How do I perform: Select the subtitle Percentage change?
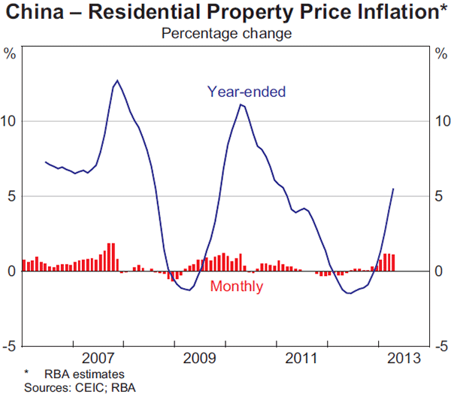[x=225, y=33]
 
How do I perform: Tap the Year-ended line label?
[x=247, y=92]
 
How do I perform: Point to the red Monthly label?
[x=236, y=286]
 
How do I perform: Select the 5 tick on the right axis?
[x=440, y=196]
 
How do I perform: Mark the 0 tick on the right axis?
[x=440, y=271]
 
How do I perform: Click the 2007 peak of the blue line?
[x=117, y=80]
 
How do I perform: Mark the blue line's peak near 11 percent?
[x=241, y=105]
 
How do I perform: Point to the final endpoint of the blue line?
[x=393, y=189]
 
